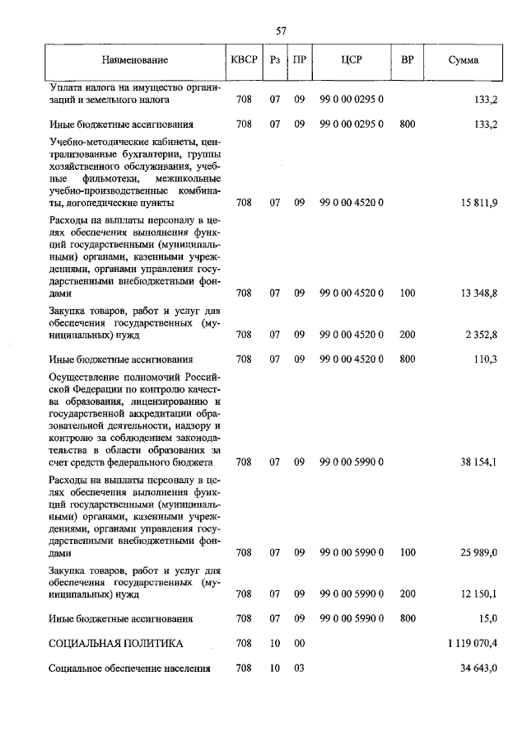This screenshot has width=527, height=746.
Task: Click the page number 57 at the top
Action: (x=281, y=30)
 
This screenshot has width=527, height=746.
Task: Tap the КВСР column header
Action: (x=243, y=60)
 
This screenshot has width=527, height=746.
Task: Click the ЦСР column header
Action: (x=352, y=60)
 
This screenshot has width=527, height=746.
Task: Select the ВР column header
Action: (x=407, y=60)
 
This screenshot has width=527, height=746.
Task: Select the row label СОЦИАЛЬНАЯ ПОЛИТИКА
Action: (x=115, y=643)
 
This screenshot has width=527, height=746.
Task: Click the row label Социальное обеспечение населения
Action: (x=129, y=669)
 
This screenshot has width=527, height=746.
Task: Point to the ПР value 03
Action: (x=299, y=669)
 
